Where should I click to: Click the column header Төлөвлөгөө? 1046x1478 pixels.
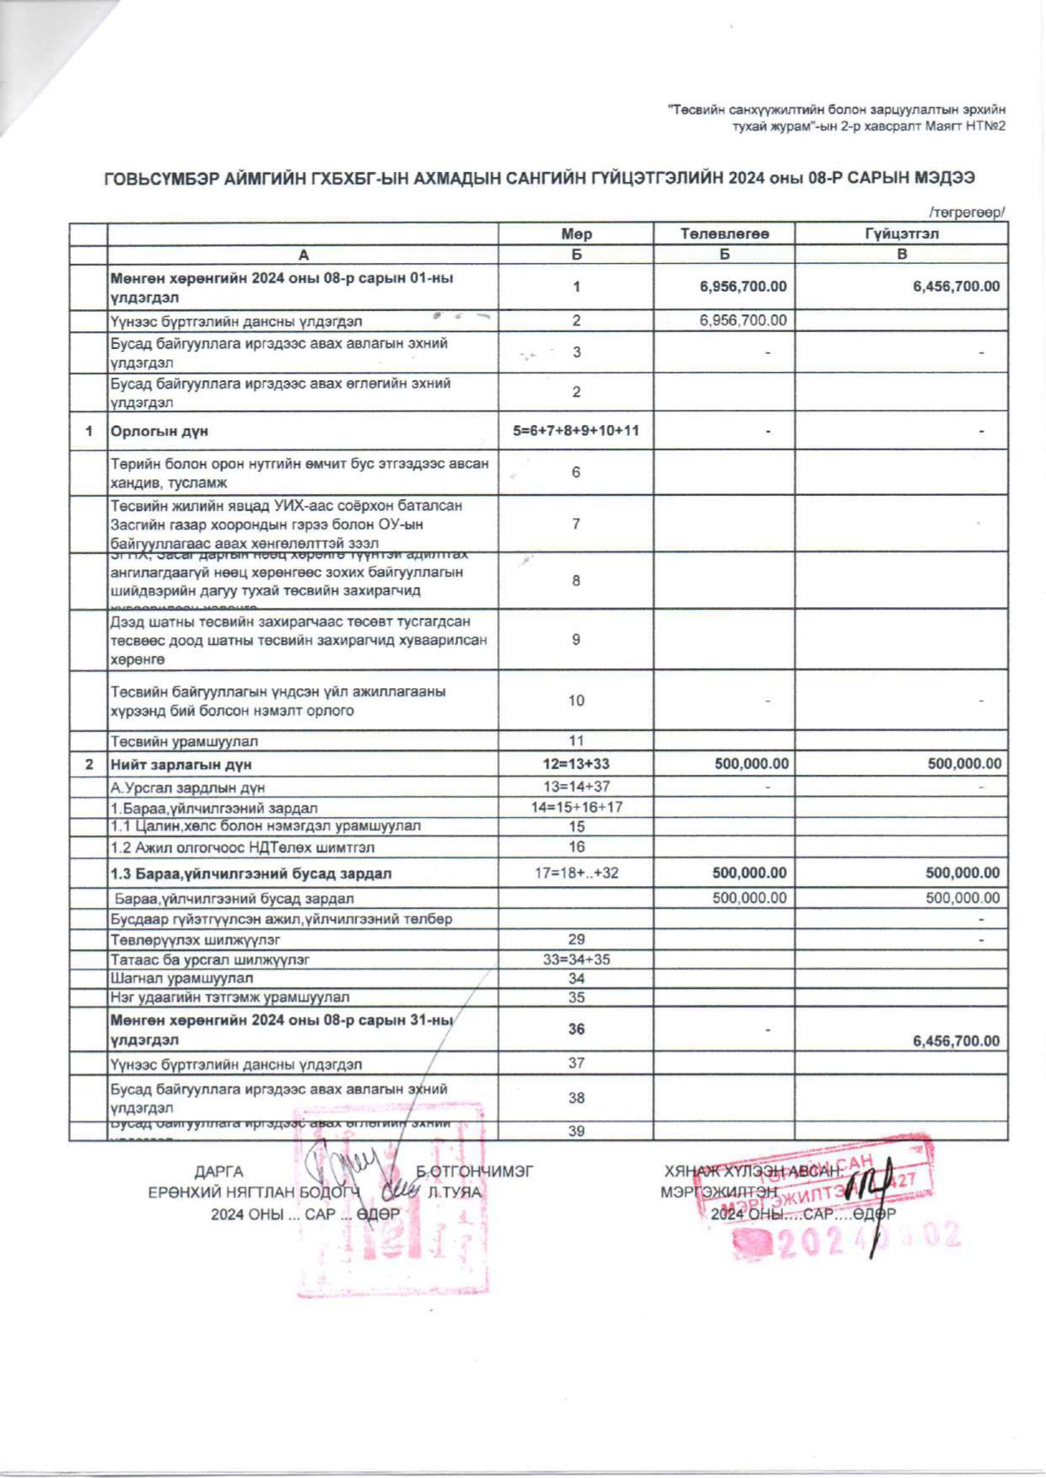pyautogui.click(x=724, y=234)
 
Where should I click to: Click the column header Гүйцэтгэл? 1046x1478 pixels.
pyautogui.click(x=901, y=234)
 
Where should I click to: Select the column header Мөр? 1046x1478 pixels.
pyautogui.click(x=576, y=234)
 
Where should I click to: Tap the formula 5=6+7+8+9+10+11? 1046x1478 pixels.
pyautogui.click(x=576, y=431)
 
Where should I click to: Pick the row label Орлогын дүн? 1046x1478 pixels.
pyautogui.click(x=159, y=431)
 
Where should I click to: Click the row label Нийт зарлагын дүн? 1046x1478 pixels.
pyautogui.click(x=181, y=765)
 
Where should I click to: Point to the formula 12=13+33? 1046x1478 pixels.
pyautogui.click(x=576, y=765)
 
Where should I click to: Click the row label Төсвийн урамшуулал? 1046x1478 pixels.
pyautogui.click(x=185, y=742)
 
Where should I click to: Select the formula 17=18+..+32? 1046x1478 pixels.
pyautogui.click(x=576, y=873)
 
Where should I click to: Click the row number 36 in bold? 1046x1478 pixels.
pyautogui.click(x=576, y=1029)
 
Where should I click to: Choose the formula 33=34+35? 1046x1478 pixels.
pyautogui.click(x=576, y=959)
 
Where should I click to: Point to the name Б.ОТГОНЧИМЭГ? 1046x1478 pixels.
pyautogui.click(x=475, y=1172)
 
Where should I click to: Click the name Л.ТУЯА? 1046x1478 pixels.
pyautogui.click(x=454, y=1192)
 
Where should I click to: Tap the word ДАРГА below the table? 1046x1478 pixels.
pyautogui.click(x=218, y=1172)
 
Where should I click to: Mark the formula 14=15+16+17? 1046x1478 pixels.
pyautogui.click(x=576, y=807)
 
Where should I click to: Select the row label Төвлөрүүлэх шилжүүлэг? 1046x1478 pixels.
pyautogui.click(x=196, y=939)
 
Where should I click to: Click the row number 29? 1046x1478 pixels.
pyautogui.click(x=576, y=939)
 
